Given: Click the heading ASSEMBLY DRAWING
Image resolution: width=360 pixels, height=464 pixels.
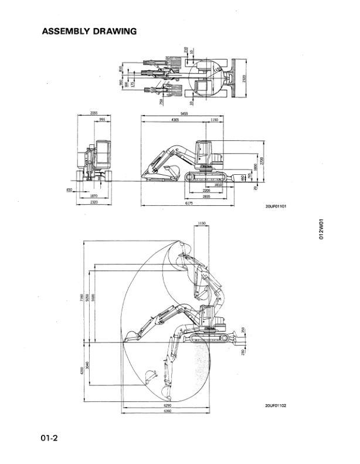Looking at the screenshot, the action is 89,31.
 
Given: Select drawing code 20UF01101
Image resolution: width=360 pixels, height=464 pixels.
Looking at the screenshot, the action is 276,206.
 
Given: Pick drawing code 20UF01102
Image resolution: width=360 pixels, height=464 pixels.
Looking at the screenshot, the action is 276,405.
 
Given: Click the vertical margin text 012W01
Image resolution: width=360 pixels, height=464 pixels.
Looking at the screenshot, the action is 321,229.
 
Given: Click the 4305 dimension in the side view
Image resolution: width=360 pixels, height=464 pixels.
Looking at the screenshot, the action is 175,120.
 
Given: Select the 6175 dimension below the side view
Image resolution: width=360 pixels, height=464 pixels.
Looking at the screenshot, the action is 189,203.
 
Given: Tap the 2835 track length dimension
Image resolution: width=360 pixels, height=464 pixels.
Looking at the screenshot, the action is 206,197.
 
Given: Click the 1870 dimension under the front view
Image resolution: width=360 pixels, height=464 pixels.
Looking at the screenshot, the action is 94,196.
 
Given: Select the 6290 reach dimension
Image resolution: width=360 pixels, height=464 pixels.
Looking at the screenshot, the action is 167,405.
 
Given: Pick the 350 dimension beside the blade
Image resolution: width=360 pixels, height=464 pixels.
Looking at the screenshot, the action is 243,330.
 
